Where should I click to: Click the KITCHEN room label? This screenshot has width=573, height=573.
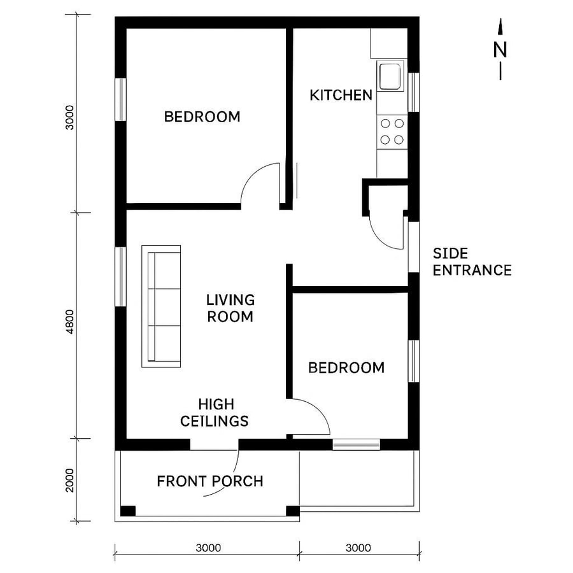coord(341,95)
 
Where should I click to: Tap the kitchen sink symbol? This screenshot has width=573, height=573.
coord(390,76)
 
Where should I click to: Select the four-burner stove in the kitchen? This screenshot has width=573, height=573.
coord(392,131)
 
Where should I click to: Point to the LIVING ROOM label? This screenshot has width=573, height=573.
coord(230,308)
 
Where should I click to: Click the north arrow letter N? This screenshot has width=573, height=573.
coord(500,49)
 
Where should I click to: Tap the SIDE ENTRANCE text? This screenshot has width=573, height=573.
coord(472,262)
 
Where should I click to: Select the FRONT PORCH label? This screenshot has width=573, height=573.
coord(209,481)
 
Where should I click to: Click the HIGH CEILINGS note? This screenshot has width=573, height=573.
coord(215,413)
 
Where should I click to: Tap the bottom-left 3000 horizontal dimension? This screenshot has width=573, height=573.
coord(208,548)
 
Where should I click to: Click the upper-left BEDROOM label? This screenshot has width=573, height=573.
coord(202,117)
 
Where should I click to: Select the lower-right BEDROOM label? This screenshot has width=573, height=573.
coord(346,368)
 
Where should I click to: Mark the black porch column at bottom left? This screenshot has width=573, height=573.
coord(128,511)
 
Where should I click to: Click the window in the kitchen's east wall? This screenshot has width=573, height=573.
coord(413,92)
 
